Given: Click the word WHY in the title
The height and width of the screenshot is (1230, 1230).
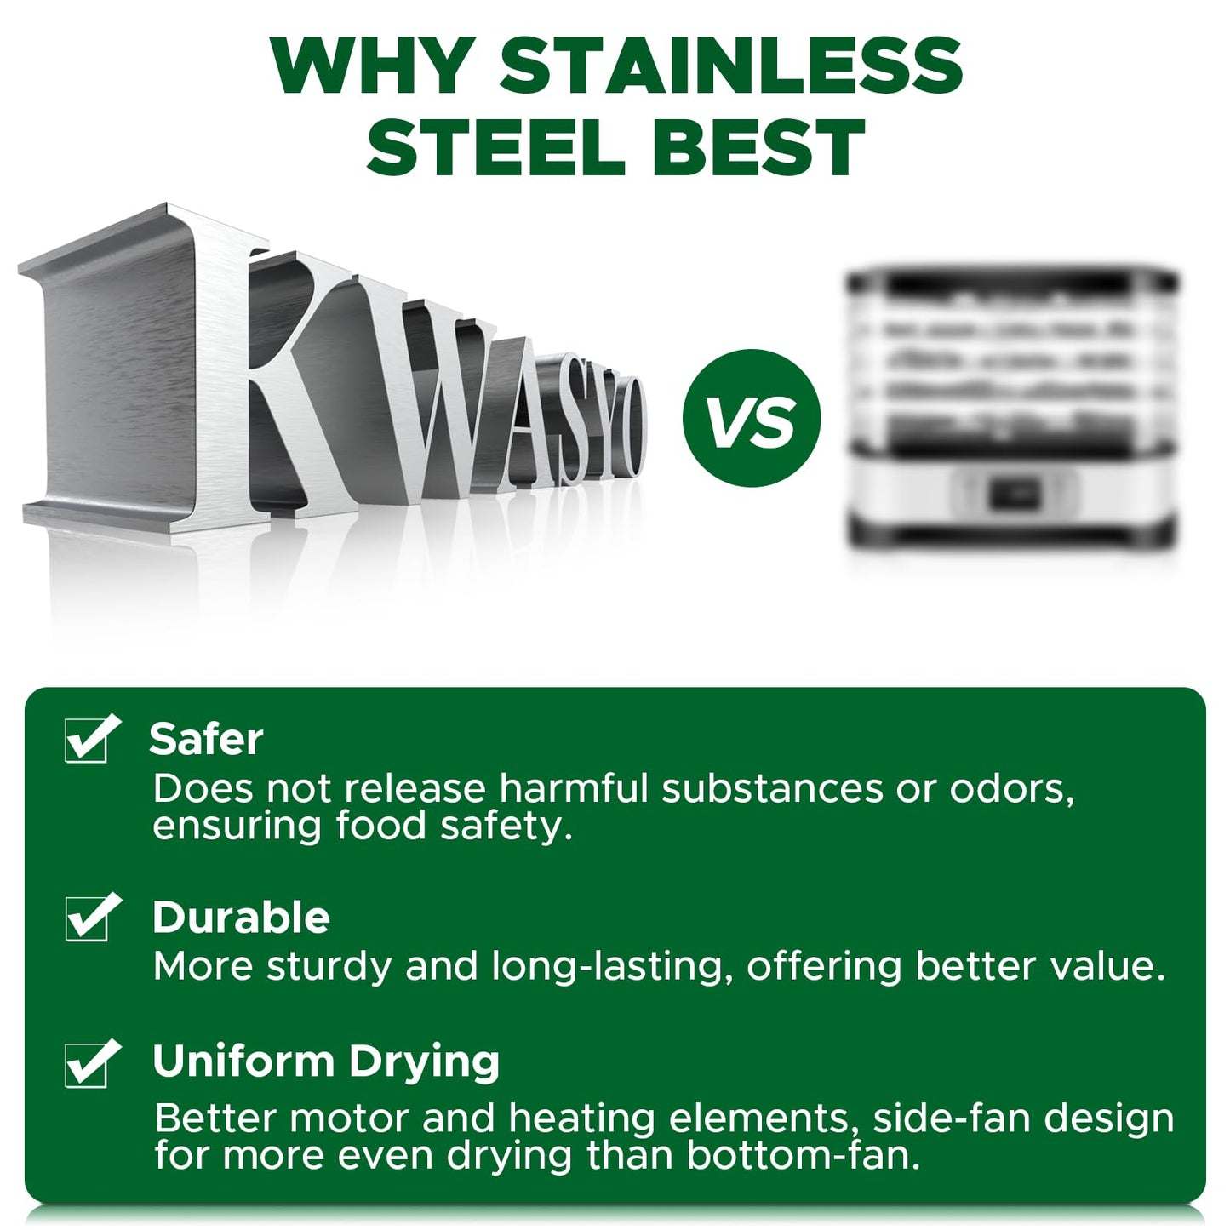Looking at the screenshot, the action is (x=374, y=67).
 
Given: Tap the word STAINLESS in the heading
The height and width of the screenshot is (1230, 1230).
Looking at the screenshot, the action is (x=730, y=67).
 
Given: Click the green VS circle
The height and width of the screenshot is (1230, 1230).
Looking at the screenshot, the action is (x=752, y=419).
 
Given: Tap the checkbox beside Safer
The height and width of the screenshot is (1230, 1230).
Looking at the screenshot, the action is (x=90, y=739).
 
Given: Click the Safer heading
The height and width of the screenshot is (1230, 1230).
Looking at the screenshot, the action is (x=205, y=739).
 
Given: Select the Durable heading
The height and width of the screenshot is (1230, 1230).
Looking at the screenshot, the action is (x=241, y=918).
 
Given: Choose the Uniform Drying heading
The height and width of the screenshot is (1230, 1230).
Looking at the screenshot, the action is (x=325, y=1065).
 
